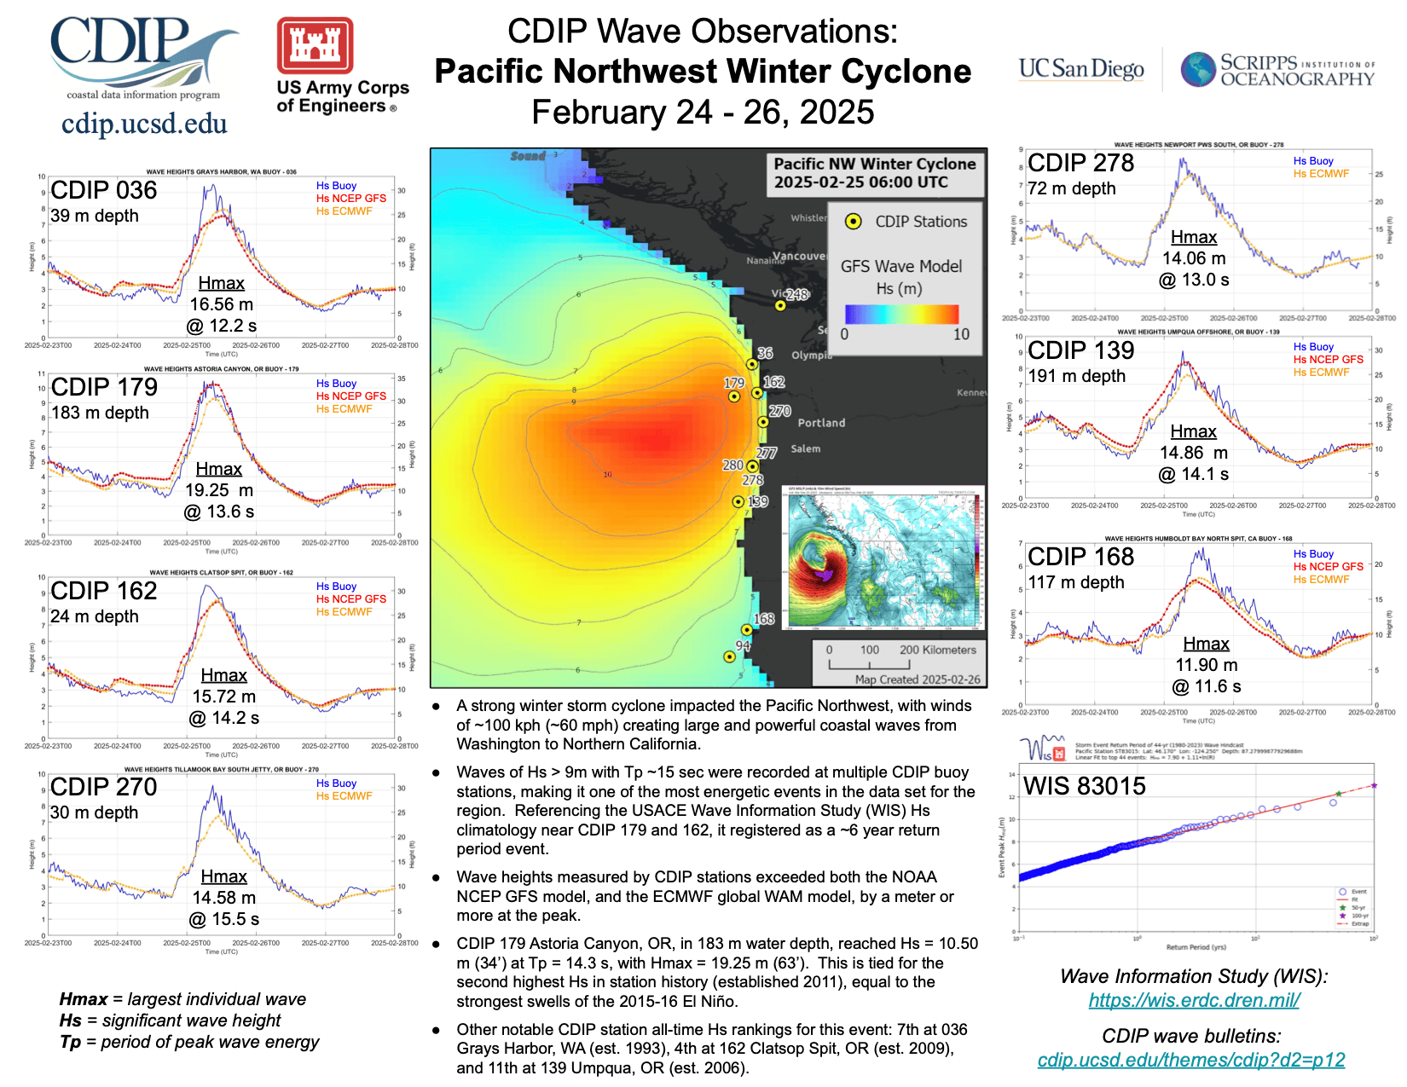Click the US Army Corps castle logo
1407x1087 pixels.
click(x=315, y=45)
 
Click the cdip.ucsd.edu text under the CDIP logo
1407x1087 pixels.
click(x=144, y=124)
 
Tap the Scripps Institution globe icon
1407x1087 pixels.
click(x=1198, y=69)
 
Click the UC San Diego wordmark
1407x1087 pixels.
click(x=1081, y=68)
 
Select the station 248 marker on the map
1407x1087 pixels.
click(x=780, y=305)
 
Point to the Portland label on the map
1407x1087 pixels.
click(x=821, y=423)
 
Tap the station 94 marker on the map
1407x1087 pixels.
click(x=729, y=656)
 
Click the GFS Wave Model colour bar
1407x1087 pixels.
click(x=901, y=314)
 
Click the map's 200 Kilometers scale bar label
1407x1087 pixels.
click(x=937, y=650)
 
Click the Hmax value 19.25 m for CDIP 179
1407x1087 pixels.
click(x=219, y=490)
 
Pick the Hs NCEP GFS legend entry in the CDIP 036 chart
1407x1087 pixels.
click(x=350, y=199)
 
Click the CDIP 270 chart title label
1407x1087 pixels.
click(x=104, y=787)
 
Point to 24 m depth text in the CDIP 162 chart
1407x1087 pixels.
click(x=94, y=616)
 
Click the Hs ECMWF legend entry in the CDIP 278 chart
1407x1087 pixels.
click(x=1321, y=174)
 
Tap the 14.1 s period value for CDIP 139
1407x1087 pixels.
click(x=1194, y=474)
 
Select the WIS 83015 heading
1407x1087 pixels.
click(x=1084, y=786)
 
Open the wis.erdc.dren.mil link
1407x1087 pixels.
click(x=1194, y=1000)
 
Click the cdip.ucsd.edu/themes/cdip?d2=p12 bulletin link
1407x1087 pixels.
click(x=1190, y=1060)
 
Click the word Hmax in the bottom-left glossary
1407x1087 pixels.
click(x=83, y=999)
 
